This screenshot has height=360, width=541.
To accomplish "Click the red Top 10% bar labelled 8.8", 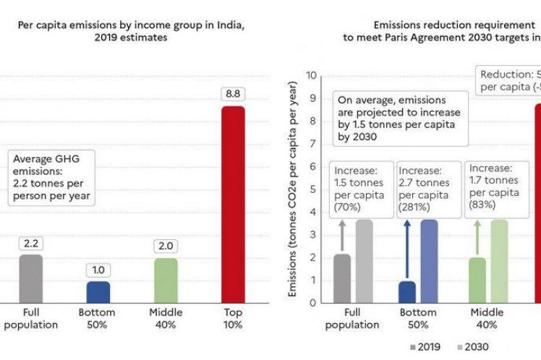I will [232, 204].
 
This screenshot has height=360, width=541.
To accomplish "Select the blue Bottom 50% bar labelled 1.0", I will [98, 292].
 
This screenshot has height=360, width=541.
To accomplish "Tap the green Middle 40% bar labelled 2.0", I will [166, 280].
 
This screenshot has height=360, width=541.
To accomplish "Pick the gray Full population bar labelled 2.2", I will [31, 278].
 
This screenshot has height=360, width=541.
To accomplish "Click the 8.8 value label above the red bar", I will [232, 92].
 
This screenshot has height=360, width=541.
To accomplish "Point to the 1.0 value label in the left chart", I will [98, 270].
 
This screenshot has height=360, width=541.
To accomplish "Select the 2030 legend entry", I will [474, 347].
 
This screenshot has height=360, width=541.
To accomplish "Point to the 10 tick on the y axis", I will [311, 75].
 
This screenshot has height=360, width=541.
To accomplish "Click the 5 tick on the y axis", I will [313, 189].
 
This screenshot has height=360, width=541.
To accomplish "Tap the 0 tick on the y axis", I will [313, 302].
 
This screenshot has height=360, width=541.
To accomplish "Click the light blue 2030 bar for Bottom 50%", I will [429, 261].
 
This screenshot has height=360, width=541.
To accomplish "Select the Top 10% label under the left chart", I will [232, 318].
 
